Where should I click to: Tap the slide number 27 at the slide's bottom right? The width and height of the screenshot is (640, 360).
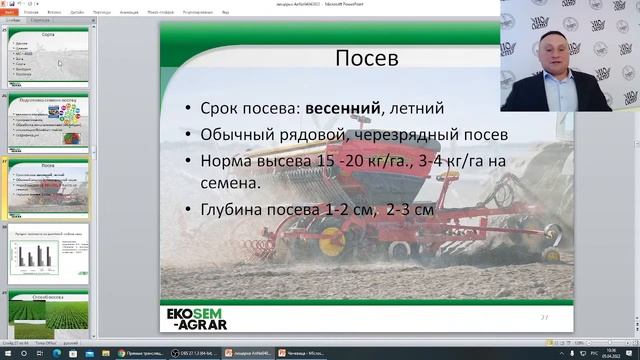[x=545, y=317]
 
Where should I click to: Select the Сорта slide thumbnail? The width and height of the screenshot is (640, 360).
[x=49, y=55]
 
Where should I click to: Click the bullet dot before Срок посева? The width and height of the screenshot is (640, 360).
[x=191, y=108]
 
